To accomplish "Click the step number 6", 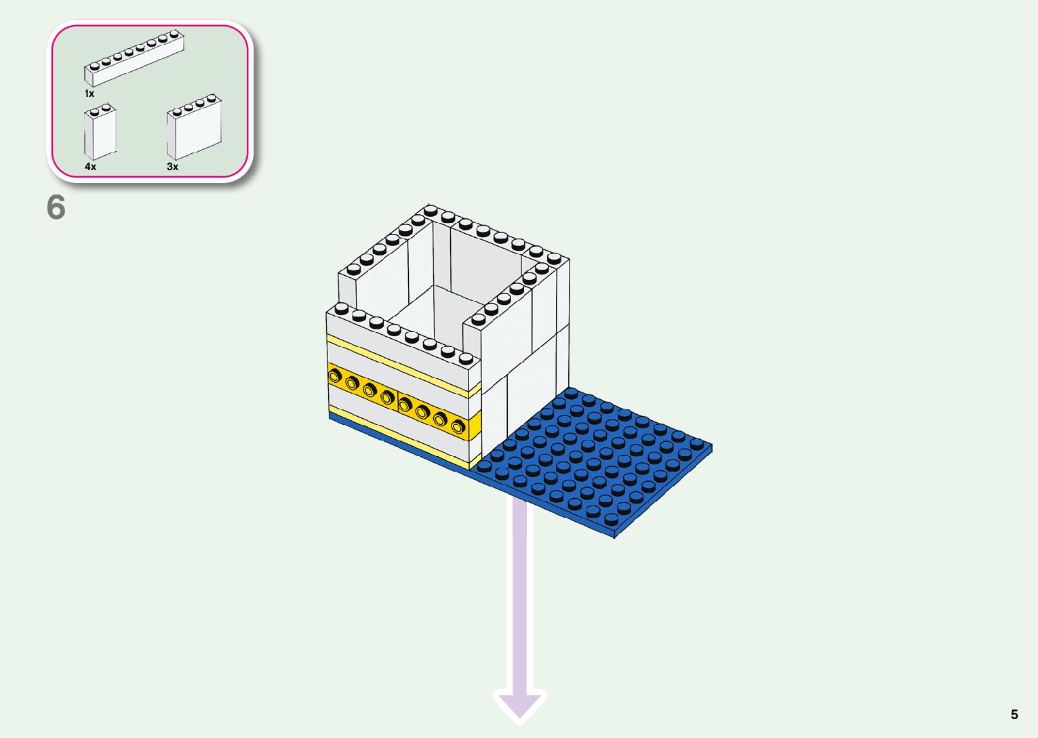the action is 56,207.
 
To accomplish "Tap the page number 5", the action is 1014,714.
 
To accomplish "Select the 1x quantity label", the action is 89,94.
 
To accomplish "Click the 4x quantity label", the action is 90,166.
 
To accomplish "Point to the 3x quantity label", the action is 172,166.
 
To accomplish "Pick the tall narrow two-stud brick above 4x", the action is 100,134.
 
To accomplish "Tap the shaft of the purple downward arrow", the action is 520,596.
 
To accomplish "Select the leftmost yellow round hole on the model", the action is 334,375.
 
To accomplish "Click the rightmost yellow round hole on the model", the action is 458,426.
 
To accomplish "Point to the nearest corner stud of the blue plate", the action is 611,520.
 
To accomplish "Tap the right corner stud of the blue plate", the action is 696,444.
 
